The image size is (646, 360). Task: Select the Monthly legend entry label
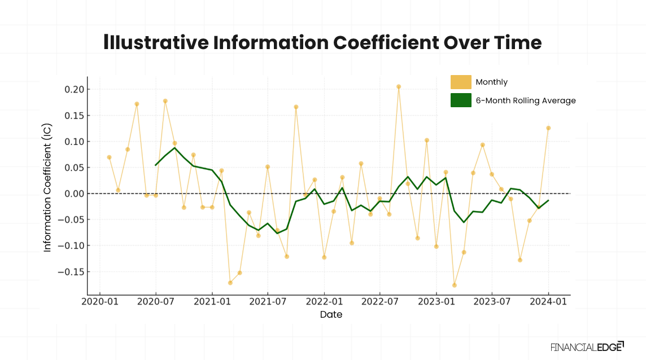[491, 82]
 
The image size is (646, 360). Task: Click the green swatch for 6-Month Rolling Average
[461, 100]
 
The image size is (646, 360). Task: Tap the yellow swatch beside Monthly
[461, 82]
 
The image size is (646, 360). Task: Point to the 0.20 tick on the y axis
[73, 90]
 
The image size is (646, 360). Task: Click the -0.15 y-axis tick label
[71, 272]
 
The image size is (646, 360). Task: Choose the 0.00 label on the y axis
[73, 194]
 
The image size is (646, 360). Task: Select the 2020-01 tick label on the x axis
[100, 302]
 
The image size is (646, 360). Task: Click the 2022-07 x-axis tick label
[379, 302]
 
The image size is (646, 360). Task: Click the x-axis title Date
[331, 315]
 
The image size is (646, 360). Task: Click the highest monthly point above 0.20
[399, 87]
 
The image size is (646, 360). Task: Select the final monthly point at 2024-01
[548, 128]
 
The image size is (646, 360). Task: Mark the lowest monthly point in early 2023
[455, 285]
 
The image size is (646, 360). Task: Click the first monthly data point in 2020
[109, 157]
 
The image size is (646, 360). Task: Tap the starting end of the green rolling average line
[156, 165]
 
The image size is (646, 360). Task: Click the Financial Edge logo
[587, 346]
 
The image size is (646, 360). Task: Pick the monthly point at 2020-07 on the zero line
[156, 195]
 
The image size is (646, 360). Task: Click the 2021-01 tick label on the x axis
[212, 302]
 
